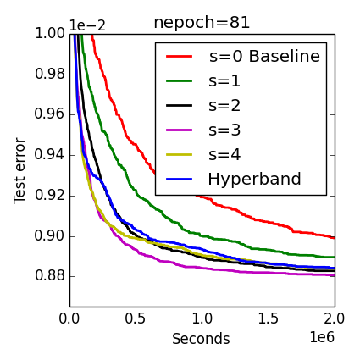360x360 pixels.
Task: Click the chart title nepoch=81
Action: click(x=202, y=22)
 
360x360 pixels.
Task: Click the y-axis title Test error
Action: click(x=20, y=170)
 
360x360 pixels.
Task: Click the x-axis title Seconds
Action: click(x=201, y=339)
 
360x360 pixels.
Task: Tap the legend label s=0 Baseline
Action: click(x=264, y=57)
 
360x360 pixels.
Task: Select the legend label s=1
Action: click(x=224, y=81)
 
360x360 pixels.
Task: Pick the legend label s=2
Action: click(x=224, y=106)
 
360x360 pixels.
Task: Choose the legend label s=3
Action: click(x=224, y=130)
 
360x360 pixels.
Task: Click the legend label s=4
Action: click(x=224, y=155)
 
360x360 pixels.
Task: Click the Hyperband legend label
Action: click(x=253, y=180)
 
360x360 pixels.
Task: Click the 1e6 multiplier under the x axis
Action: click(x=320, y=337)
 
